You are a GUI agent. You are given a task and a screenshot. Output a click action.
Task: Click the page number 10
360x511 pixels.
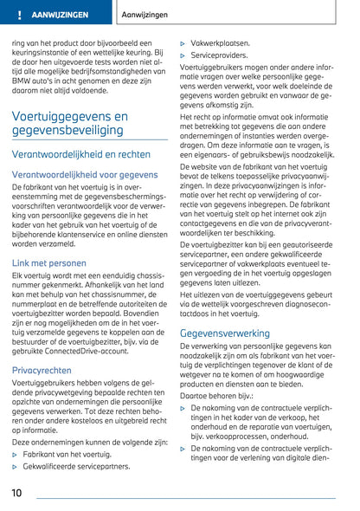pyautogui.click(x=16, y=492)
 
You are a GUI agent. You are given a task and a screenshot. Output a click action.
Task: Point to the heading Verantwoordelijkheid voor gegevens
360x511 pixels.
pyautogui.click(x=84, y=174)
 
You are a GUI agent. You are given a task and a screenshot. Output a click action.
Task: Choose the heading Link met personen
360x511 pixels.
pyautogui.click(x=49, y=262)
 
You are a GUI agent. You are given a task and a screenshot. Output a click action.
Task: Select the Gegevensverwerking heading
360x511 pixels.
pyautogui.click(x=224, y=333)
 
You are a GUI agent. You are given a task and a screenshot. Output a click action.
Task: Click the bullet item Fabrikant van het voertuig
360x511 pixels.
pyautogui.click(x=67, y=453)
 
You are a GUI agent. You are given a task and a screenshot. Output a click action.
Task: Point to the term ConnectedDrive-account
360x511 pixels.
pyautogui.click(x=100, y=352)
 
